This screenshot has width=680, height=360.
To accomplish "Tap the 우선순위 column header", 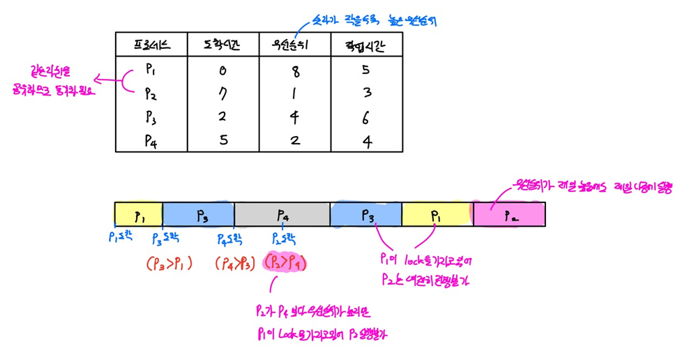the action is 294,47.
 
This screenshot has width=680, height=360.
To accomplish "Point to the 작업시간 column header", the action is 366,47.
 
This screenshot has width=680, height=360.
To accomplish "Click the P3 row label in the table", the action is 151,116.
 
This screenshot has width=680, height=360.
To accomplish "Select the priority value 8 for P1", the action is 295,70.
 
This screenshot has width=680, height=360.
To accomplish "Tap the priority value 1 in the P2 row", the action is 295,93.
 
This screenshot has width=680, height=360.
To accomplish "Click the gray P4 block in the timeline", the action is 282,214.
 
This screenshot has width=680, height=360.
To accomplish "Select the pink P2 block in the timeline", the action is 509,214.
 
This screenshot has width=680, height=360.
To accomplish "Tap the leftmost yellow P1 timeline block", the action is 138,214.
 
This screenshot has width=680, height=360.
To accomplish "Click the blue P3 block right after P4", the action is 366,214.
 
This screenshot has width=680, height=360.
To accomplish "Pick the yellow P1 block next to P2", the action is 437,214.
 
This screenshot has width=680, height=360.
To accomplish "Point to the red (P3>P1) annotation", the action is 169,264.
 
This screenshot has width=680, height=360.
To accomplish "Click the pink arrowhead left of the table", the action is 98,79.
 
